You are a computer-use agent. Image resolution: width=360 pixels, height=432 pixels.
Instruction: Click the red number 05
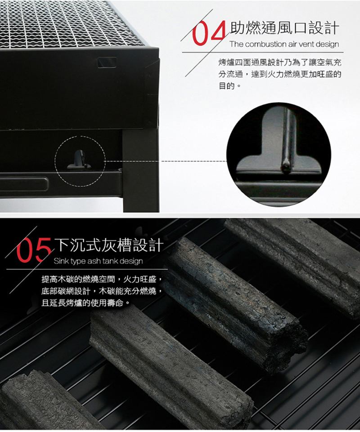tap(34, 250)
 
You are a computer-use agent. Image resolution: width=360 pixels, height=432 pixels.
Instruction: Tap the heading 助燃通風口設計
tap(284, 28)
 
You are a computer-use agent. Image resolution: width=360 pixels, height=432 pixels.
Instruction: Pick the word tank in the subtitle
tap(110, 261)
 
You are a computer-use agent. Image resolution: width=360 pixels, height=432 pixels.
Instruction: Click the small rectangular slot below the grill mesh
tap(107, 62)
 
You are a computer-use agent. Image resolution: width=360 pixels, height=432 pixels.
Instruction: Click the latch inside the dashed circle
tap(79, 160)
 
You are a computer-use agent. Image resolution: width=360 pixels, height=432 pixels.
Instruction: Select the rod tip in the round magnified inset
tap(285, 166)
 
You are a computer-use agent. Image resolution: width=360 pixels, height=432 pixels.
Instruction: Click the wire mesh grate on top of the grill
tap(69, 23)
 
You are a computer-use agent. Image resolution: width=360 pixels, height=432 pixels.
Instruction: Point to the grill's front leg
tap(141, 171)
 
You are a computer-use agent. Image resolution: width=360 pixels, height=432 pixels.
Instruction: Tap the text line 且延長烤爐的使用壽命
tap(85, 303)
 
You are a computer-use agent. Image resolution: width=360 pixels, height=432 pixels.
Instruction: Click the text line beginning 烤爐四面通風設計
tap(280, 62)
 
